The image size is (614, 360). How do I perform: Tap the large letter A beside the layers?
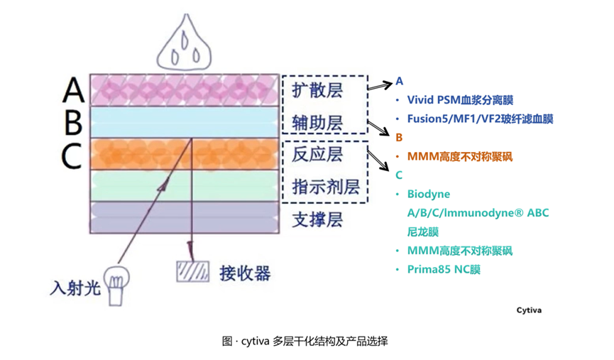(x=74, y=90)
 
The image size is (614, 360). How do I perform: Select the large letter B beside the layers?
(x=73, y=122)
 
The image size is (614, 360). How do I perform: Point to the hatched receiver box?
(x=192, y=272)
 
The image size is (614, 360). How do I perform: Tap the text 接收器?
(x=246, y=273)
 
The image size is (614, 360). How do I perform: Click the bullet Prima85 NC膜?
(x=444, y=269)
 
